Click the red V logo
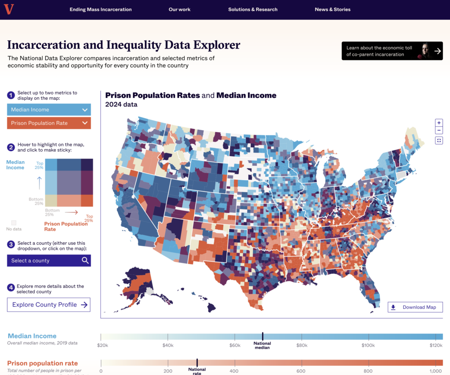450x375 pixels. pyautogui.click(x=8, y=9)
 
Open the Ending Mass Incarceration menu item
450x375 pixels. pyautogui.click(x=101, y=9)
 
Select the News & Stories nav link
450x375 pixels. pyautogui.click(x=333, y=9)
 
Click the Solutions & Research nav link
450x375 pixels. pyautogui.click(x=253, y=9)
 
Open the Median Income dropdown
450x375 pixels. pyautogui.click(x=49, y=109)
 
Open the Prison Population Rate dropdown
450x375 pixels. pyautogui.click(x=49, y=123)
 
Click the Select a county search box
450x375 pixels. pyautogui.click(x=49, y=261)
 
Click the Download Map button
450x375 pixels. pyautogui.click(x=415, y=307)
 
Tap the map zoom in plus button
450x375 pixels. pyautogui.click(x=439, y=123)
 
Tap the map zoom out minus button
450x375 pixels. pyautogui.click(x=439, y=131)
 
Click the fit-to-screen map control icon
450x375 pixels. pyautogui.click(x=439, y=141)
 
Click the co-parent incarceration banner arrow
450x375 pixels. pyautogui.click(x=437, y=51)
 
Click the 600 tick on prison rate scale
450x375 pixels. pyautogui.click(x=301, y=371)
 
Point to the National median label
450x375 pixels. pyautogui.click(x=262, y=346)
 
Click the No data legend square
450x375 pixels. pyautogui.click(x=14, y=223)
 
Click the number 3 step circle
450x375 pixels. pyautogui.click(x=11, y=243)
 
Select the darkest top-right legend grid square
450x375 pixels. pyautogui.click(x=87, y=164)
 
